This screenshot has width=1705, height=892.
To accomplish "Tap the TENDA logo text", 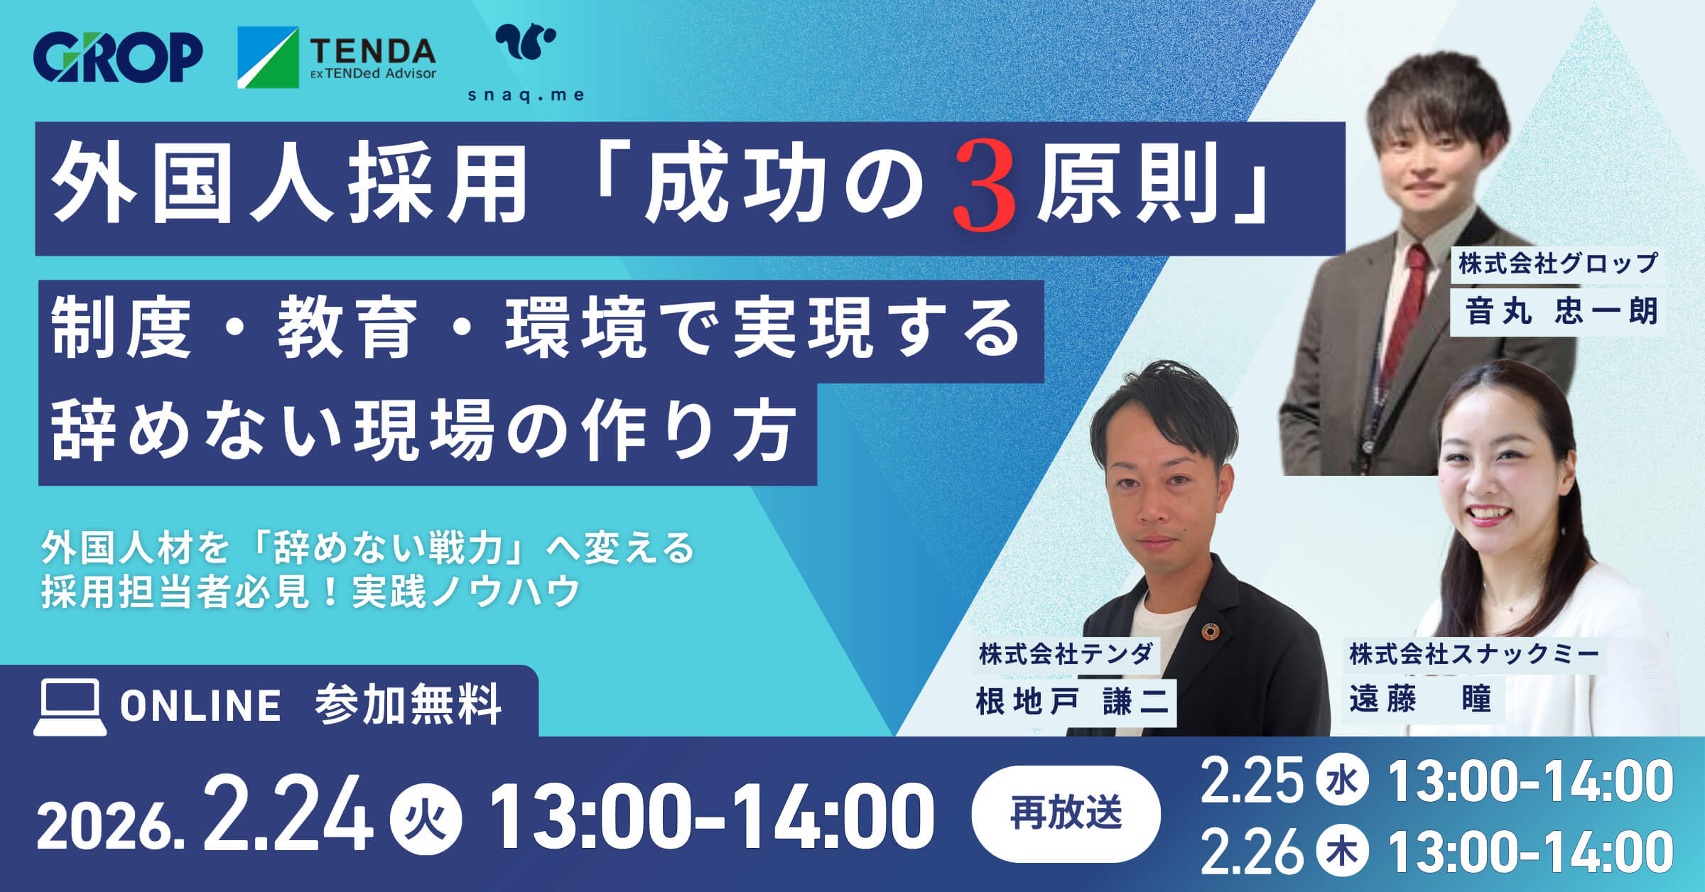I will tap(372, 52).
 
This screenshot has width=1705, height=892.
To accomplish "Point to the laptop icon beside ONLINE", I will tap(70, 707).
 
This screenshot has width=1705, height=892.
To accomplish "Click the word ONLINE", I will tap(200, 706).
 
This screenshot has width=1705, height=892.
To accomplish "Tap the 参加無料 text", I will tap(408, 705).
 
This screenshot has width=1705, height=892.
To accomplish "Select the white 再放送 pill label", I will tap(1066, 813).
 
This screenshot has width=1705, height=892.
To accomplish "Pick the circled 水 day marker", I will tap(1342, 780).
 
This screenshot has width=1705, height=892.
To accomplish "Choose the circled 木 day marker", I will tap(1342, 852).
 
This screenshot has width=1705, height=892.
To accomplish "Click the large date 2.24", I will tap(287, 817).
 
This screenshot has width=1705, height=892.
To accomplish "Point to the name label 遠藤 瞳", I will tap(1420, 700).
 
